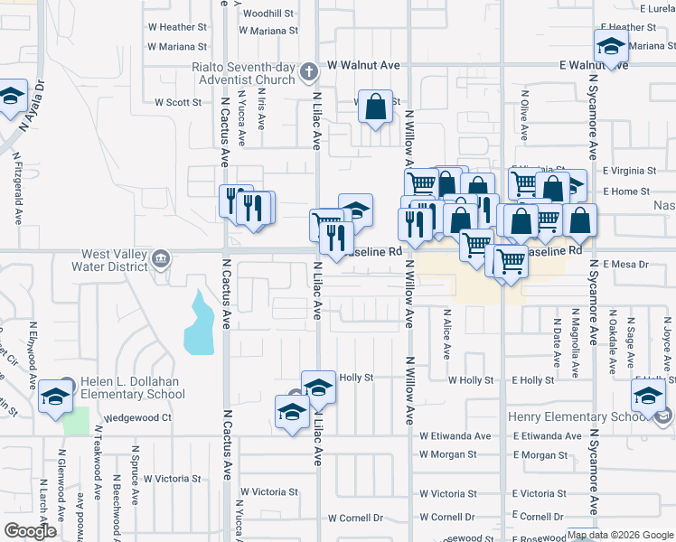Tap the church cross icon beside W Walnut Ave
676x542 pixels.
coord(309,70)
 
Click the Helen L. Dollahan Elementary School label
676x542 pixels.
coord(132,388)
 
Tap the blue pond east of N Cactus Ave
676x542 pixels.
coord(201,324)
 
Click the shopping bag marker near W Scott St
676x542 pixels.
coord(374,107)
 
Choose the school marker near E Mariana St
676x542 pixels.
coord(611,47)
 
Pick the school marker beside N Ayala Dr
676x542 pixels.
coord(11,98)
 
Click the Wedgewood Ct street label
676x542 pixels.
coord(137,418)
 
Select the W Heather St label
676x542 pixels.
coord(177,28)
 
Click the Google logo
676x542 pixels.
coord(30,531)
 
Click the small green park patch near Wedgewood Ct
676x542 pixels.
coord(79,420)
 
